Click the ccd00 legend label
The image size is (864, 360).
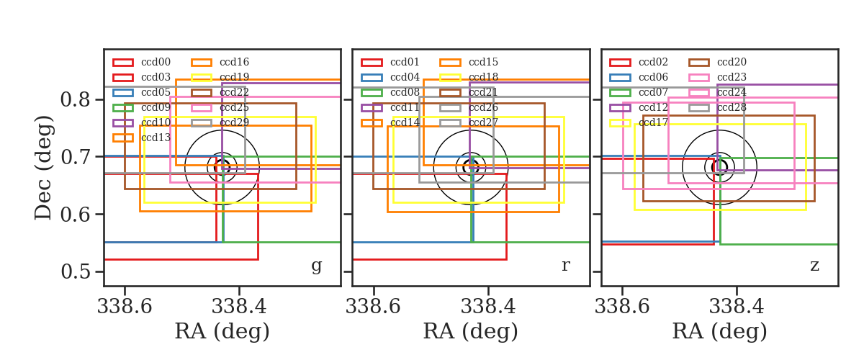156,62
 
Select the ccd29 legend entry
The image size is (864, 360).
234,122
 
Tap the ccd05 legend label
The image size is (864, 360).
156,92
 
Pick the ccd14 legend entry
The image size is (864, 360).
405,122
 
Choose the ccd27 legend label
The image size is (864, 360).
483,122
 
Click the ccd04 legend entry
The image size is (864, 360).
405,77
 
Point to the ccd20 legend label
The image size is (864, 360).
732,62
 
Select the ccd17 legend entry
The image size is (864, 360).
653,122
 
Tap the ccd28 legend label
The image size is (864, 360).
732,107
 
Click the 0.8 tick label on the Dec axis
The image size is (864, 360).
75,99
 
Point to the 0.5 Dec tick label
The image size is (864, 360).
75,271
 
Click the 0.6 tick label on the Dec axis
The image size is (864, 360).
75,214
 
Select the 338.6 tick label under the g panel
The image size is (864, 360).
125,307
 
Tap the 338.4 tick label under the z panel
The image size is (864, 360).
737,307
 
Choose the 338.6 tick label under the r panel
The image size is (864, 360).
373,307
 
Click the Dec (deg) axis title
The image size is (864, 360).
42,168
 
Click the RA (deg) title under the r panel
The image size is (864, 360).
471,331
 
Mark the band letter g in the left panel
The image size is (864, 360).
316,266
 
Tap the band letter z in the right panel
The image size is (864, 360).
814,266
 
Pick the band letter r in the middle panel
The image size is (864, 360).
565,266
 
